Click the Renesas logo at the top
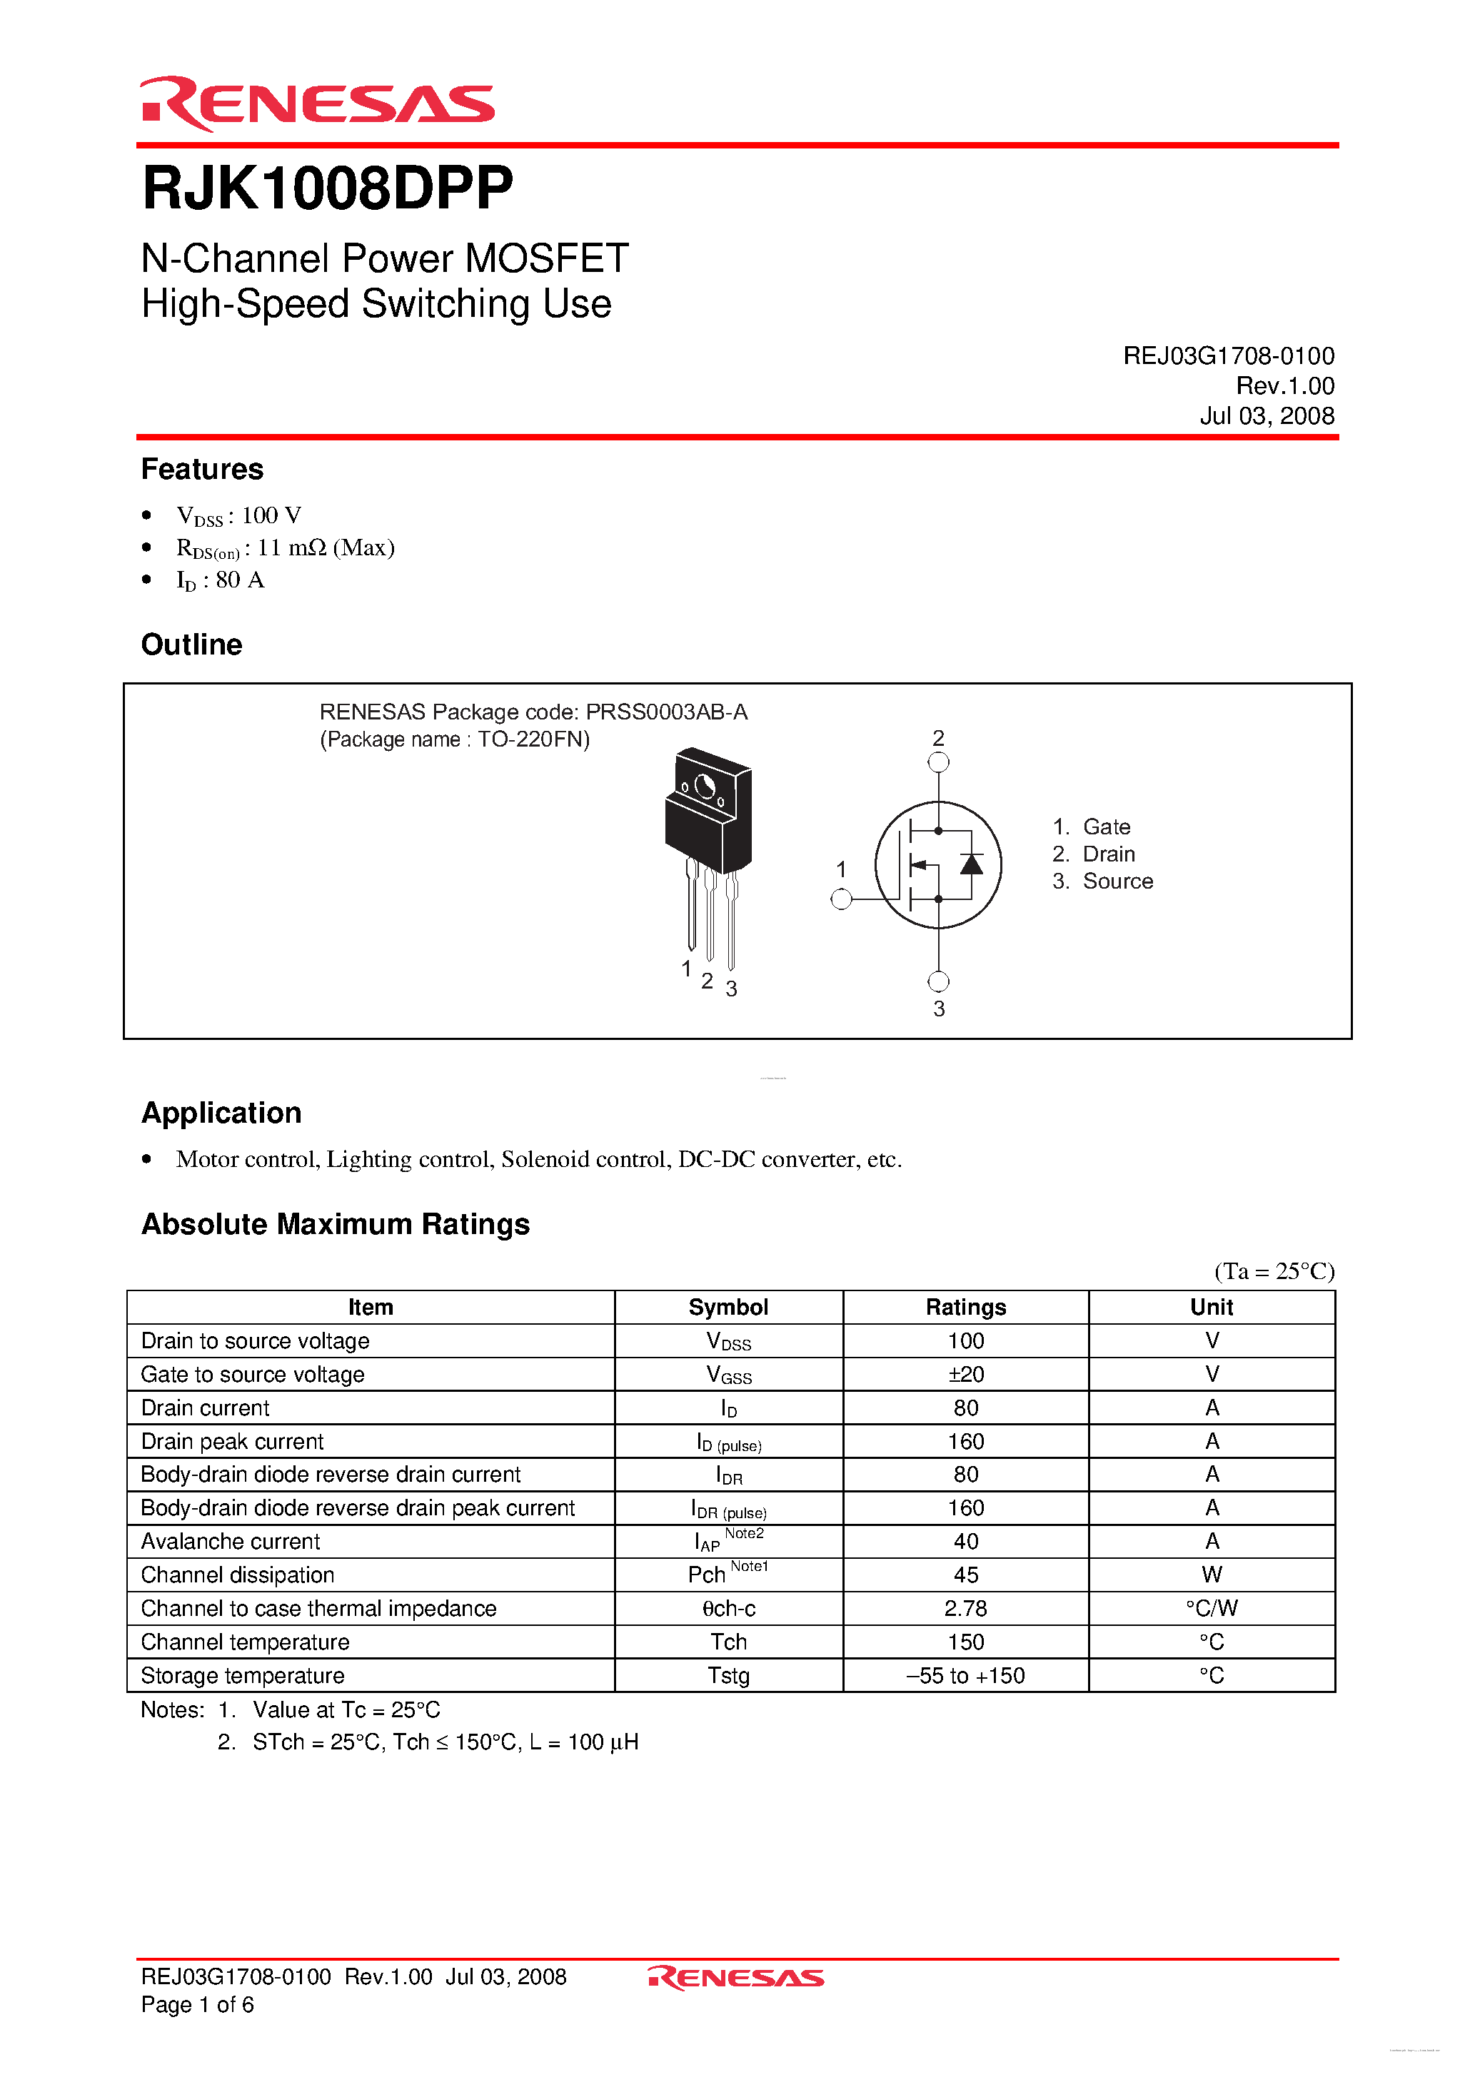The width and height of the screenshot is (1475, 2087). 318,103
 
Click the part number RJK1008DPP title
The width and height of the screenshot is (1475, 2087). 328,188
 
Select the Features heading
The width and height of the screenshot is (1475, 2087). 202,469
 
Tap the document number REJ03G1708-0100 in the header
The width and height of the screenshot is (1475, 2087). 1228,355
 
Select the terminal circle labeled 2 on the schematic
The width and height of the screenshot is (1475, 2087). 938,762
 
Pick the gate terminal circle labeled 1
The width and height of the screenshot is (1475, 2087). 841,899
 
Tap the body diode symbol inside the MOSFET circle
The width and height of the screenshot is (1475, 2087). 971,864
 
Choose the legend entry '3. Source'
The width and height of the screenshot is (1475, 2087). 1102,881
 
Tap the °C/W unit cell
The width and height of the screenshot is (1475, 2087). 1212,1608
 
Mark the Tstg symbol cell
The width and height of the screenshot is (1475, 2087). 728,1675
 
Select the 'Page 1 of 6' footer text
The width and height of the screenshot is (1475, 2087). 197,2004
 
